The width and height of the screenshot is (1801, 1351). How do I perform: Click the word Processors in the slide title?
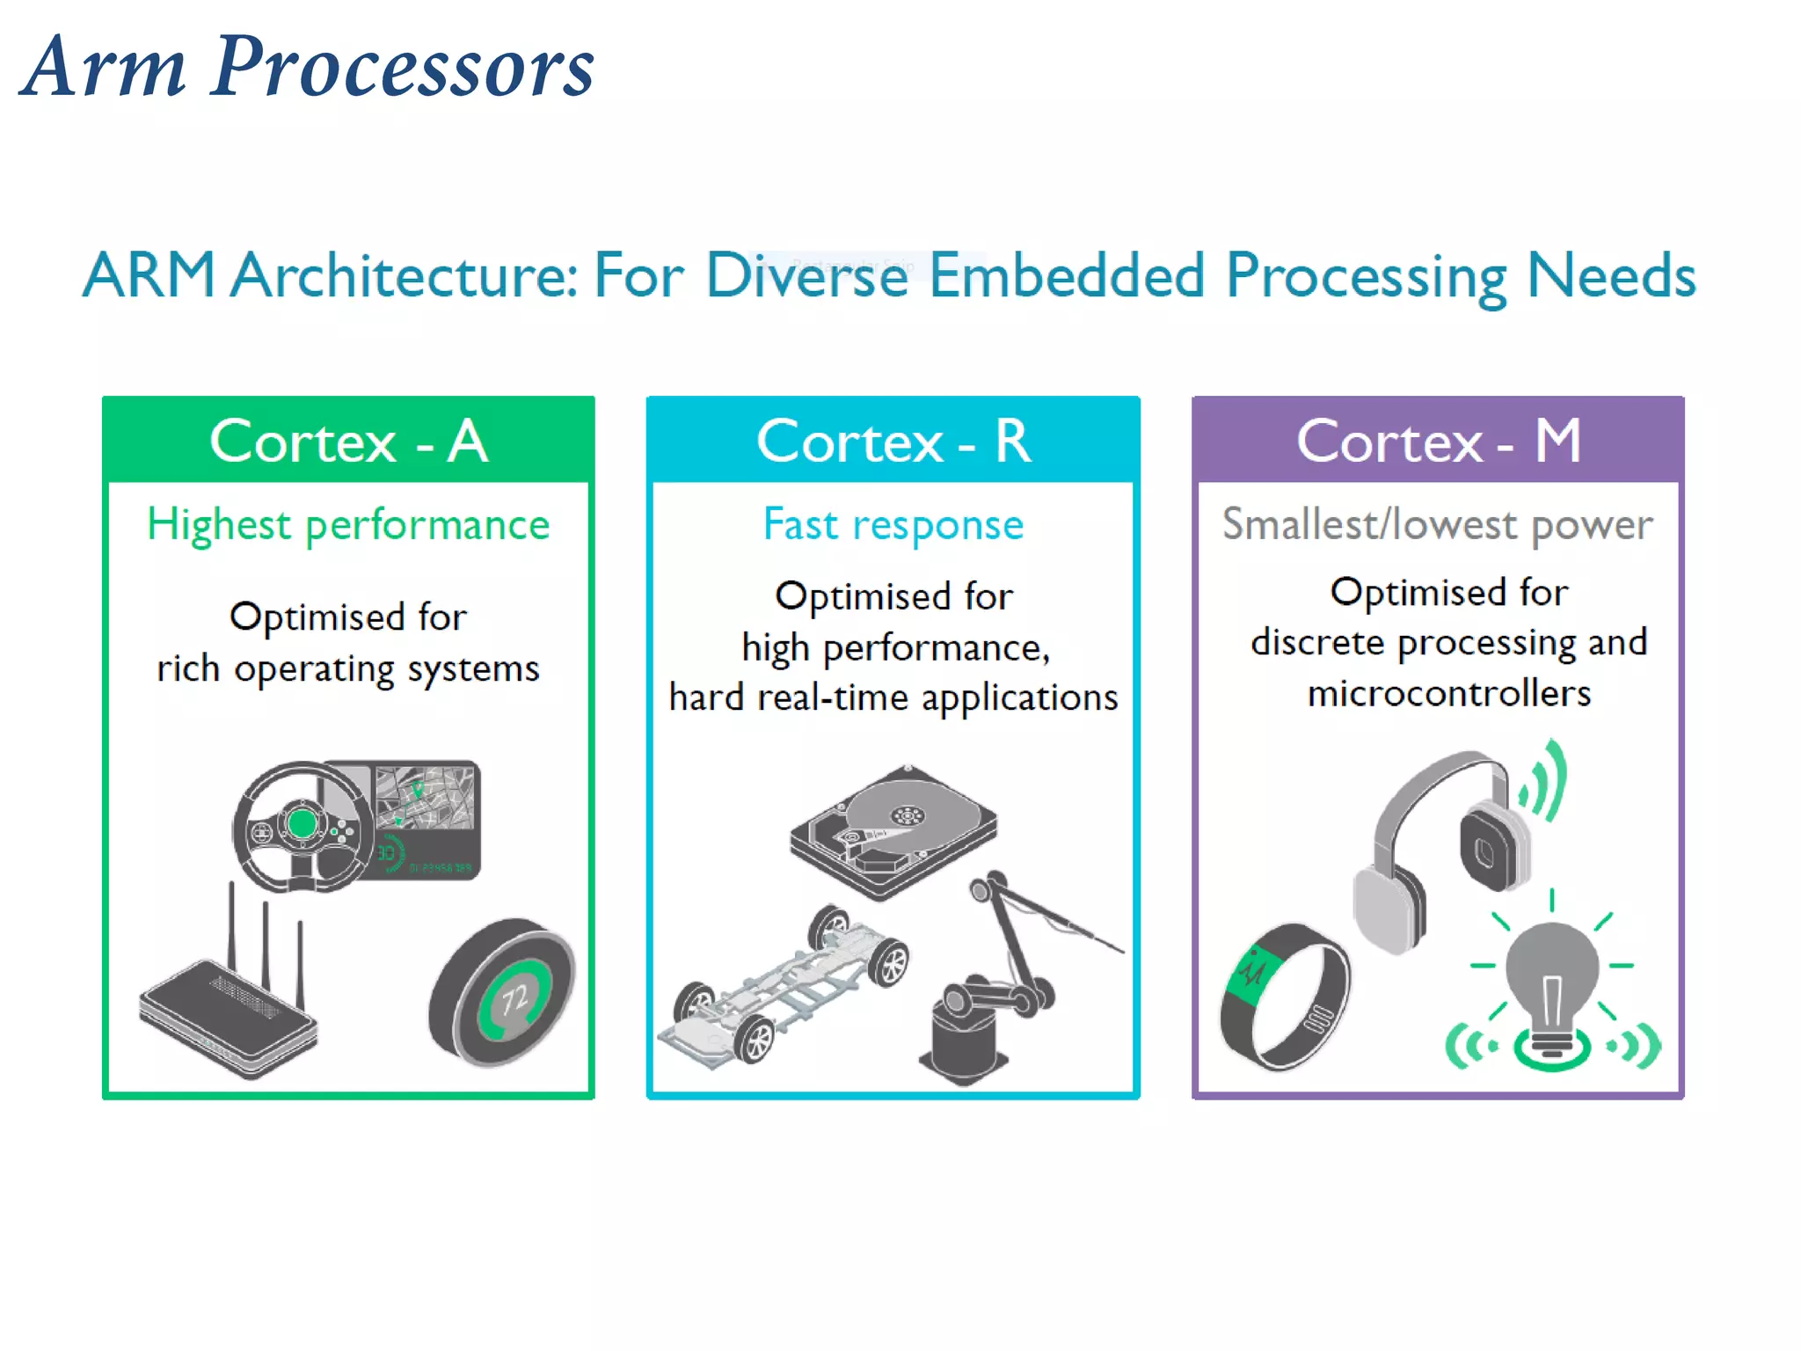point(403,69)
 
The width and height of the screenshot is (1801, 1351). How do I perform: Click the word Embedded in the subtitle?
point(1066,276)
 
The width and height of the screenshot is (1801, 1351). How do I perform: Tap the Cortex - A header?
point(348,441)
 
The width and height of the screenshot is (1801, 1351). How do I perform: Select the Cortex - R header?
point(893,441)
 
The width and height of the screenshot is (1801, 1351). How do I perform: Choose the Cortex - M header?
point(1438,441)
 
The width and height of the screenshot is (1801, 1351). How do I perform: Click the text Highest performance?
point(348,525)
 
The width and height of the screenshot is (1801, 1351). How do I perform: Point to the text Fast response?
point(893,525)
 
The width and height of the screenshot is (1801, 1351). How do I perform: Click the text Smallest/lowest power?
point(1438,525)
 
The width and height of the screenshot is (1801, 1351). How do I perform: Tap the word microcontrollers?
point(1448,694)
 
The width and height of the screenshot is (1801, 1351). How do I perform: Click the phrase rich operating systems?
point(348,669)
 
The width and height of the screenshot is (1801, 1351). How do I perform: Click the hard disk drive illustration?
point(893,831)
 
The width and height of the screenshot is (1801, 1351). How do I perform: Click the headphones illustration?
point(1442,844)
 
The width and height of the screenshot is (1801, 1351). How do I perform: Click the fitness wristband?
point(1284,998)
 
